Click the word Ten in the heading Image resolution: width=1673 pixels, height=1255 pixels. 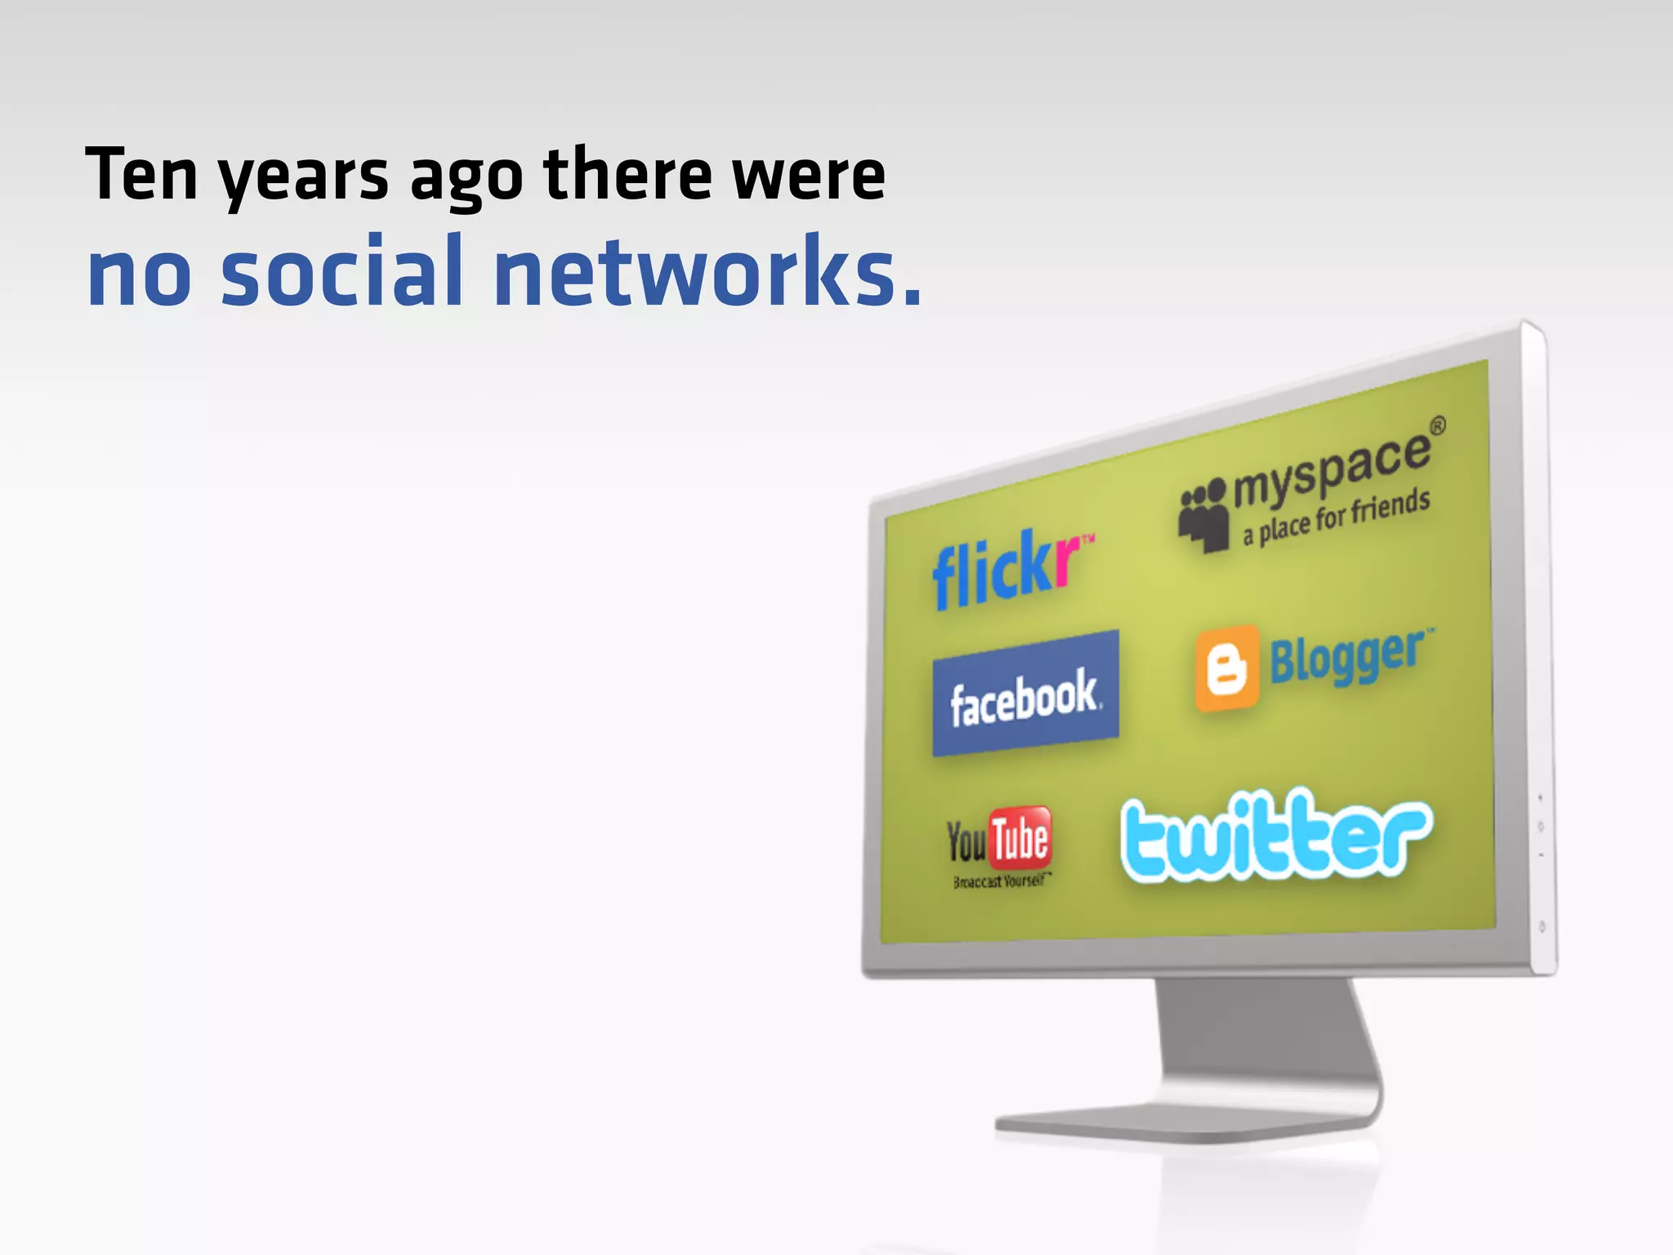pyautogui.click(x=142, y=174)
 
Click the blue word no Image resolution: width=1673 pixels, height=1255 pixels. pyautogui.click(x=140, y=278)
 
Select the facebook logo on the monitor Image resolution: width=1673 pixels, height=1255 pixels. pyautogui.click(x=1026, y=694)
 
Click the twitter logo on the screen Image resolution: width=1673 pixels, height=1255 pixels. pyautogui.click(x=1276, y=835)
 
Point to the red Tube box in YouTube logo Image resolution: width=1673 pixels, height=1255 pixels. pyautogui.click(x=1019, y=837)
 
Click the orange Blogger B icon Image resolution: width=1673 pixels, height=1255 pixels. pyautogui.click(x=1227, y=668)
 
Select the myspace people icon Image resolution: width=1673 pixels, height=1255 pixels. pyautogui.click(x=1204, y=516)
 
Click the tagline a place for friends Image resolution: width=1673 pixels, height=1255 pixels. pyautogui.click(x=1336, y=517)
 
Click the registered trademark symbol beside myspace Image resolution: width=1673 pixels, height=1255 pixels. pyautogui.click(x=1437, y=426)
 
